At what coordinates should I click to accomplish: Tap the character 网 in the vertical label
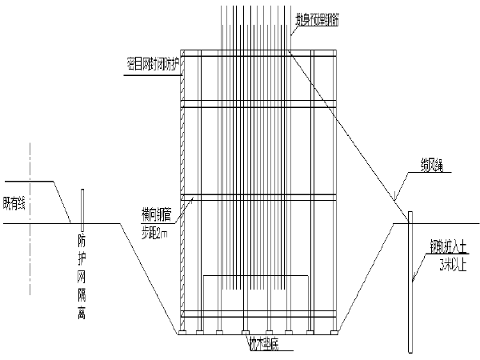tap(82, 276)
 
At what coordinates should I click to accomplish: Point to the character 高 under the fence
tap(82, 312)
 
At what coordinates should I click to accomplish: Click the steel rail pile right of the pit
tap(410, 280)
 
